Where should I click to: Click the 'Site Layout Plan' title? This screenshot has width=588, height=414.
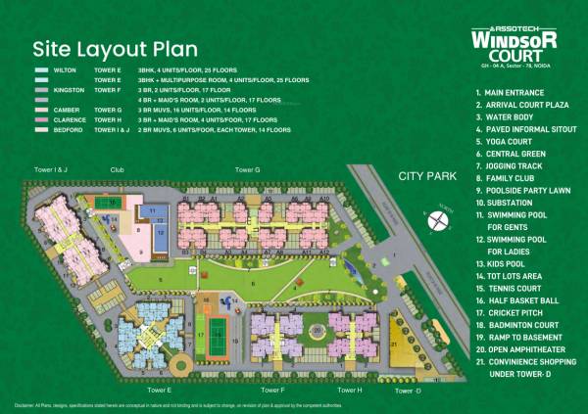115,48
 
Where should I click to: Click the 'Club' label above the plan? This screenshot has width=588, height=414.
118,169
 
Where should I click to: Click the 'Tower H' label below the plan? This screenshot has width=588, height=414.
352,390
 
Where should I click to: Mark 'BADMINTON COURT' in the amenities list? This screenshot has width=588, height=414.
523,326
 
